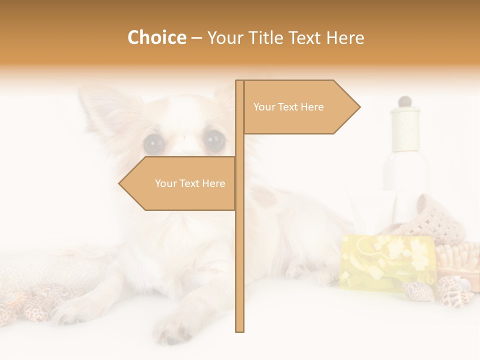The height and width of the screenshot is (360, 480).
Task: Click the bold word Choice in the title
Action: (x=156, y=37)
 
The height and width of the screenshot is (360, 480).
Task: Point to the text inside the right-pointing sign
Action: (x=288, y=107)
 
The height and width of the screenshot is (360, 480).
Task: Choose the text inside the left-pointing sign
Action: (x=190, y=183)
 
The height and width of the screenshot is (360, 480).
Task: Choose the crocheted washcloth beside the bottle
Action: (x=430, y=215)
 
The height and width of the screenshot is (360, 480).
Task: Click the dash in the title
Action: (x=196, y=38)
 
